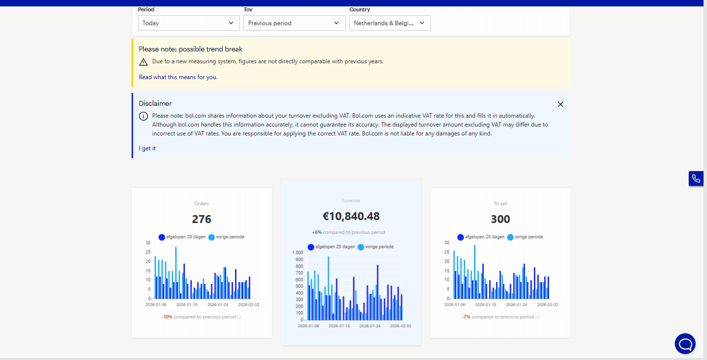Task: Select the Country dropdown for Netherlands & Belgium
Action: pos(389,23)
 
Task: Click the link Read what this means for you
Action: pos(178,77)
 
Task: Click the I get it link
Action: pos(147,148)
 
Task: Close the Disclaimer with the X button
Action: pos(561,104)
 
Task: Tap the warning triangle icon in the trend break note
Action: pos(143,62)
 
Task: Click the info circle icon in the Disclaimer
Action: pos(143,116)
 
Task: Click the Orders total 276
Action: pos(202,219)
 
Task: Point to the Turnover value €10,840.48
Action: pos(351,216)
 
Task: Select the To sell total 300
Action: pos(500,219)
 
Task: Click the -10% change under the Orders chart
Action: pos(167,317)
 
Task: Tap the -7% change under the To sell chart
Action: pos(466,317)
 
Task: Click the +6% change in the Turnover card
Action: pos(317,232)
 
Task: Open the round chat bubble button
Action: pos(685,344)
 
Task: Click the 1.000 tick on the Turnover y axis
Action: pos(297,253)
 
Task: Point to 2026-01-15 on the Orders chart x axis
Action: pos(187,305)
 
